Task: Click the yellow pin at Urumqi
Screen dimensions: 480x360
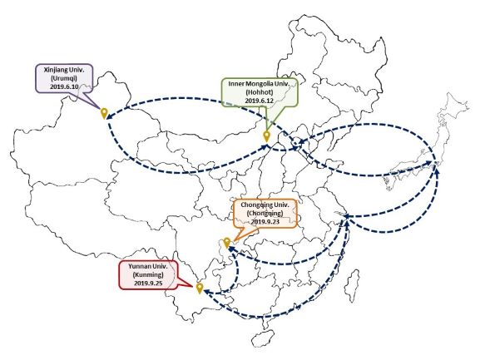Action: click(x=104, y=113)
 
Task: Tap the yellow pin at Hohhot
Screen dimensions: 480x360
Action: click(x=267, y=136)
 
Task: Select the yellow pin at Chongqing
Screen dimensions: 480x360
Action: click(x=226, y=242)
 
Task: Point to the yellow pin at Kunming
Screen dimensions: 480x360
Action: click(x=200, y=288)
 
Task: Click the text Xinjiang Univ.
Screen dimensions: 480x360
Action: click(x=64, y=70)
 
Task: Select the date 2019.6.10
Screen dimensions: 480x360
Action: click(x=64, y=86)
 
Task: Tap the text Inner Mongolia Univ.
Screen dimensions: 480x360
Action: click(x=259, y=83)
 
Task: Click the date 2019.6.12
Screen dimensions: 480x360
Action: click(x=259, y=100)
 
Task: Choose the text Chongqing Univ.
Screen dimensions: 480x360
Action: click(x=265, y=205)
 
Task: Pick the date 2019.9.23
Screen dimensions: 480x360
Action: click(x=265, y=222)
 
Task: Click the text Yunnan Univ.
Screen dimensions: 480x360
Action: click(x=148, y=266)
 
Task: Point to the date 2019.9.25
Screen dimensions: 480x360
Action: click(x=148, y=283)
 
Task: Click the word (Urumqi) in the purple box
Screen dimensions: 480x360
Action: click(x=64, y=78)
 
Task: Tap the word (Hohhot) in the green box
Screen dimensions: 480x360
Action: click(x=259, y=91)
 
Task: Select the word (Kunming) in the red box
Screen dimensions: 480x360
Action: click(x=148, y=274)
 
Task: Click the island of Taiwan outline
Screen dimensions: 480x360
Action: click(x=352, y=286)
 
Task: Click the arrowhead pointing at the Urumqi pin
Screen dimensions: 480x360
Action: click(x=109, y=116)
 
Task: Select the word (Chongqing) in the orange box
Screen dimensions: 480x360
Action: click(x=265, y=213)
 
